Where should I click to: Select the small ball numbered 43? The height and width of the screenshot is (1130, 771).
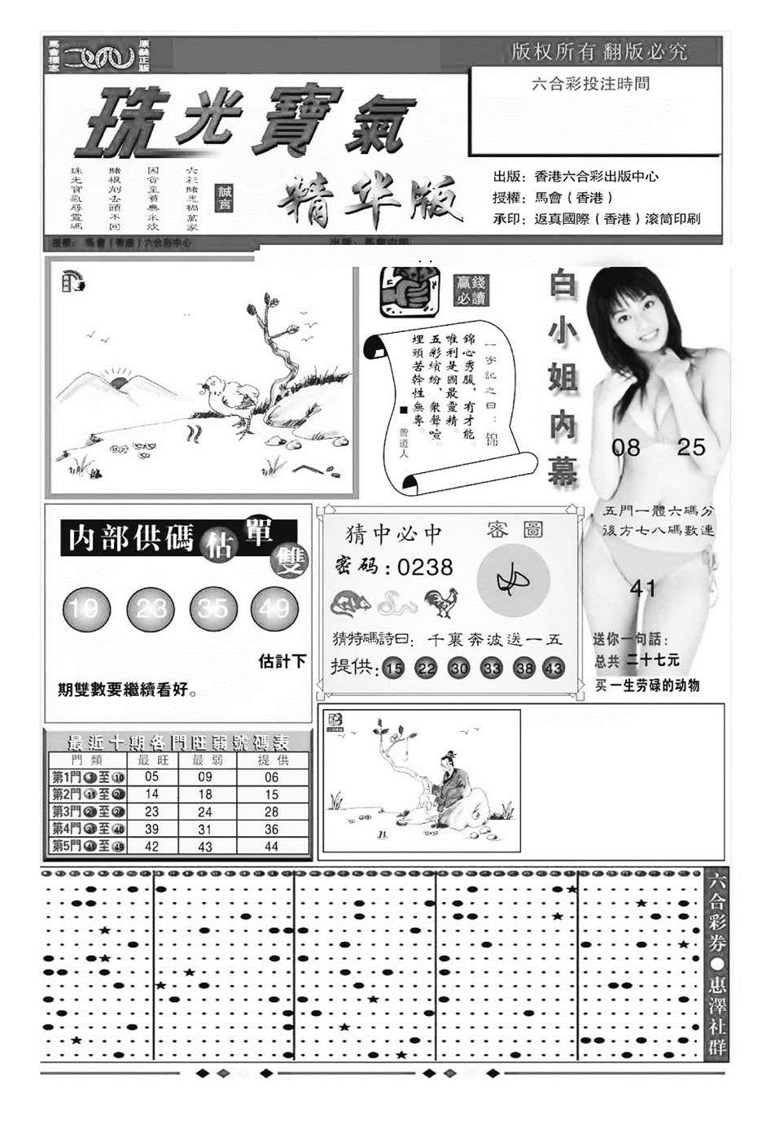[x=554, y=668]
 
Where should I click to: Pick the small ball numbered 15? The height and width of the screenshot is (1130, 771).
[x=394, y=668]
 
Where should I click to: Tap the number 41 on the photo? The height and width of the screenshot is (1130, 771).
[x=643, y=587]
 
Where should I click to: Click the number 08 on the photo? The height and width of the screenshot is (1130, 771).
[x=627, y=447]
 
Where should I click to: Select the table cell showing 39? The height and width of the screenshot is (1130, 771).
[x=151, y=829]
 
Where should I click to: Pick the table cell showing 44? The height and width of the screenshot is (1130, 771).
[x=271, y=847]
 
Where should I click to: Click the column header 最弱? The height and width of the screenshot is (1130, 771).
[x=204, y=760]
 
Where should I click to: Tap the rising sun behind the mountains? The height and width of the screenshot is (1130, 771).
[x=120, y=381]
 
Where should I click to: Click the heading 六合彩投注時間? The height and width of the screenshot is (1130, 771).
[x=589, y=84]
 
